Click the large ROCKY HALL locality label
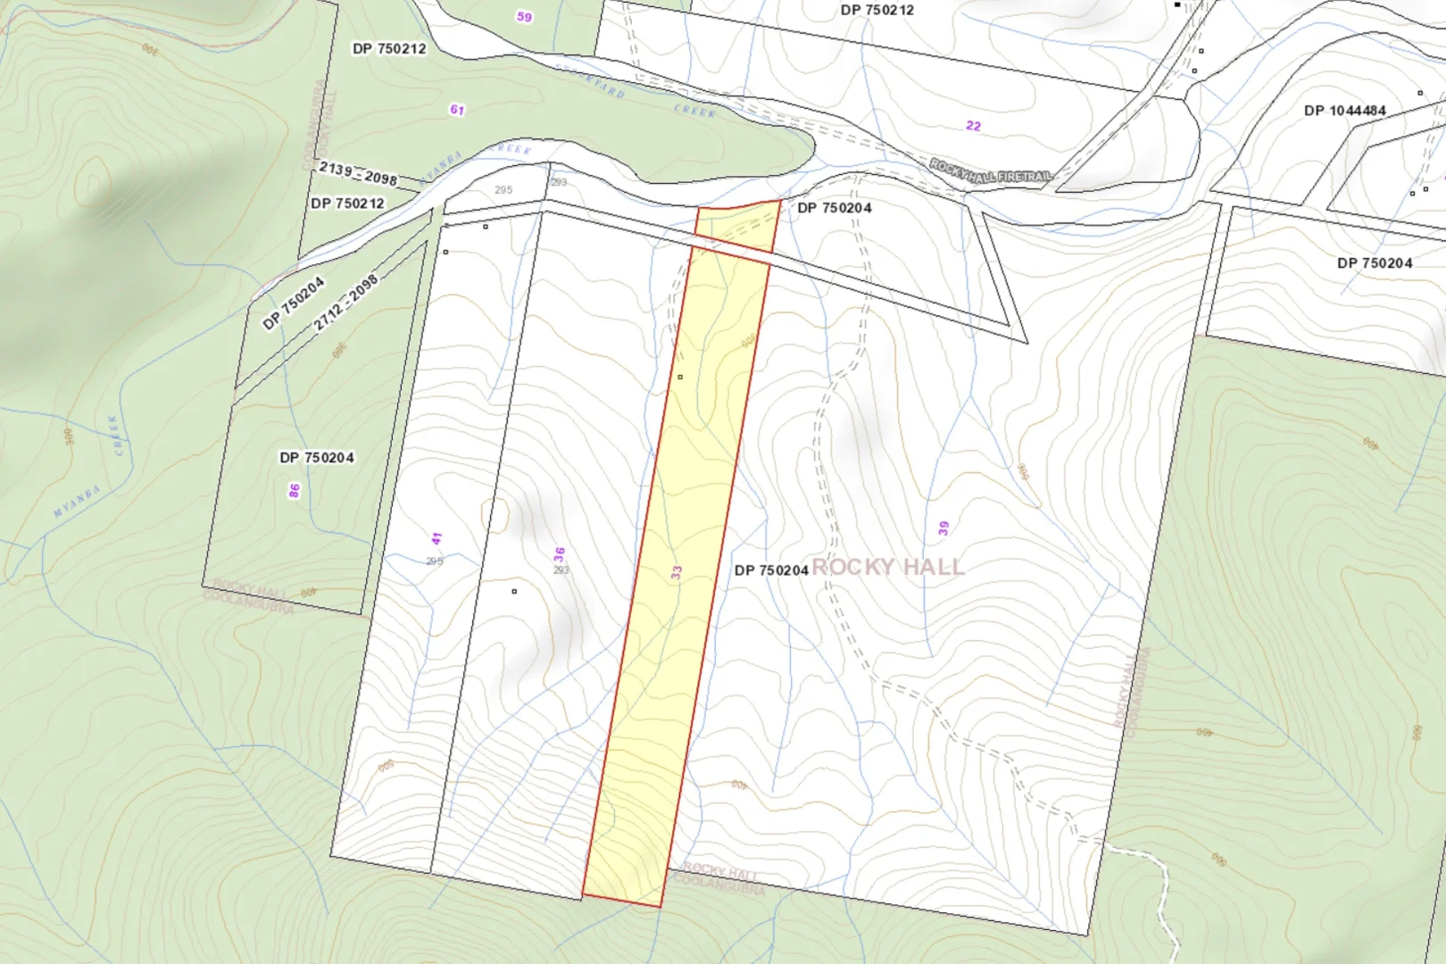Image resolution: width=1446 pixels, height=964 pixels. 887,567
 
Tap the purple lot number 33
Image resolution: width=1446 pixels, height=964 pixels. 677,572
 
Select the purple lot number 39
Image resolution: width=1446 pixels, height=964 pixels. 943,528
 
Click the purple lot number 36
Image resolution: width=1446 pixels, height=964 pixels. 559,554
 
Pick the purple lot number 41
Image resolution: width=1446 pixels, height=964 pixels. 436,539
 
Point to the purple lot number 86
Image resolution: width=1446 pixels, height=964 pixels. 295,491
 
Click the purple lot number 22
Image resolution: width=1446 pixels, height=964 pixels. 973,126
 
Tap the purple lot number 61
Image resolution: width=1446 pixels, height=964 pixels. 457,110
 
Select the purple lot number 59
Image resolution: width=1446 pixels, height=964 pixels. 524,17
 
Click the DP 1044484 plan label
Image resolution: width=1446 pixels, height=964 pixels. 1344,111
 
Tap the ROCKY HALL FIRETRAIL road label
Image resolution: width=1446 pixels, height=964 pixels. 991,171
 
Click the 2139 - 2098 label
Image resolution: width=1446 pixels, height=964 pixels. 358,173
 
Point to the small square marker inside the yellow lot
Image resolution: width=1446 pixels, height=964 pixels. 680,377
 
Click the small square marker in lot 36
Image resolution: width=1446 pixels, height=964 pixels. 514,591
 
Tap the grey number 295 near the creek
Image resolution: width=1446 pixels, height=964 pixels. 503,190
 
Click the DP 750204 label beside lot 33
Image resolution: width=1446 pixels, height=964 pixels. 771,570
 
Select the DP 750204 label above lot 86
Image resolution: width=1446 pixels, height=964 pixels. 317,458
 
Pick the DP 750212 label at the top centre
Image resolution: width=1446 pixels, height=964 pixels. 877,11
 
